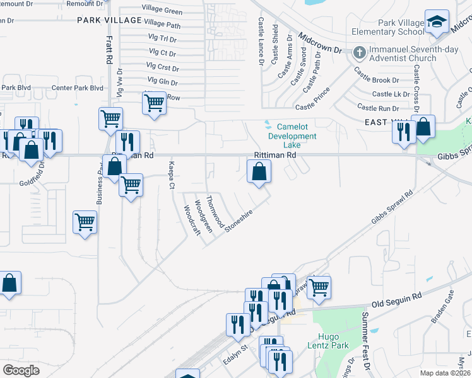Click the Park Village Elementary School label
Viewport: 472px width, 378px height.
400,27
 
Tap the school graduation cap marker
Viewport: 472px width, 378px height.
436,23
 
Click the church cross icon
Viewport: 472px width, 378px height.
359,52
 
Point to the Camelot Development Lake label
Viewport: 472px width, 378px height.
292,132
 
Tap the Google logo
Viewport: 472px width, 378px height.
21,370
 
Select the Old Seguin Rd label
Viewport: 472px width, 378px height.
395,298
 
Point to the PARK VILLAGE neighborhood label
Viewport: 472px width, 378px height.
109,21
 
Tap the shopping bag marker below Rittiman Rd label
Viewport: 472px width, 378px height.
259,171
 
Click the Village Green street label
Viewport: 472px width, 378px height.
162,11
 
